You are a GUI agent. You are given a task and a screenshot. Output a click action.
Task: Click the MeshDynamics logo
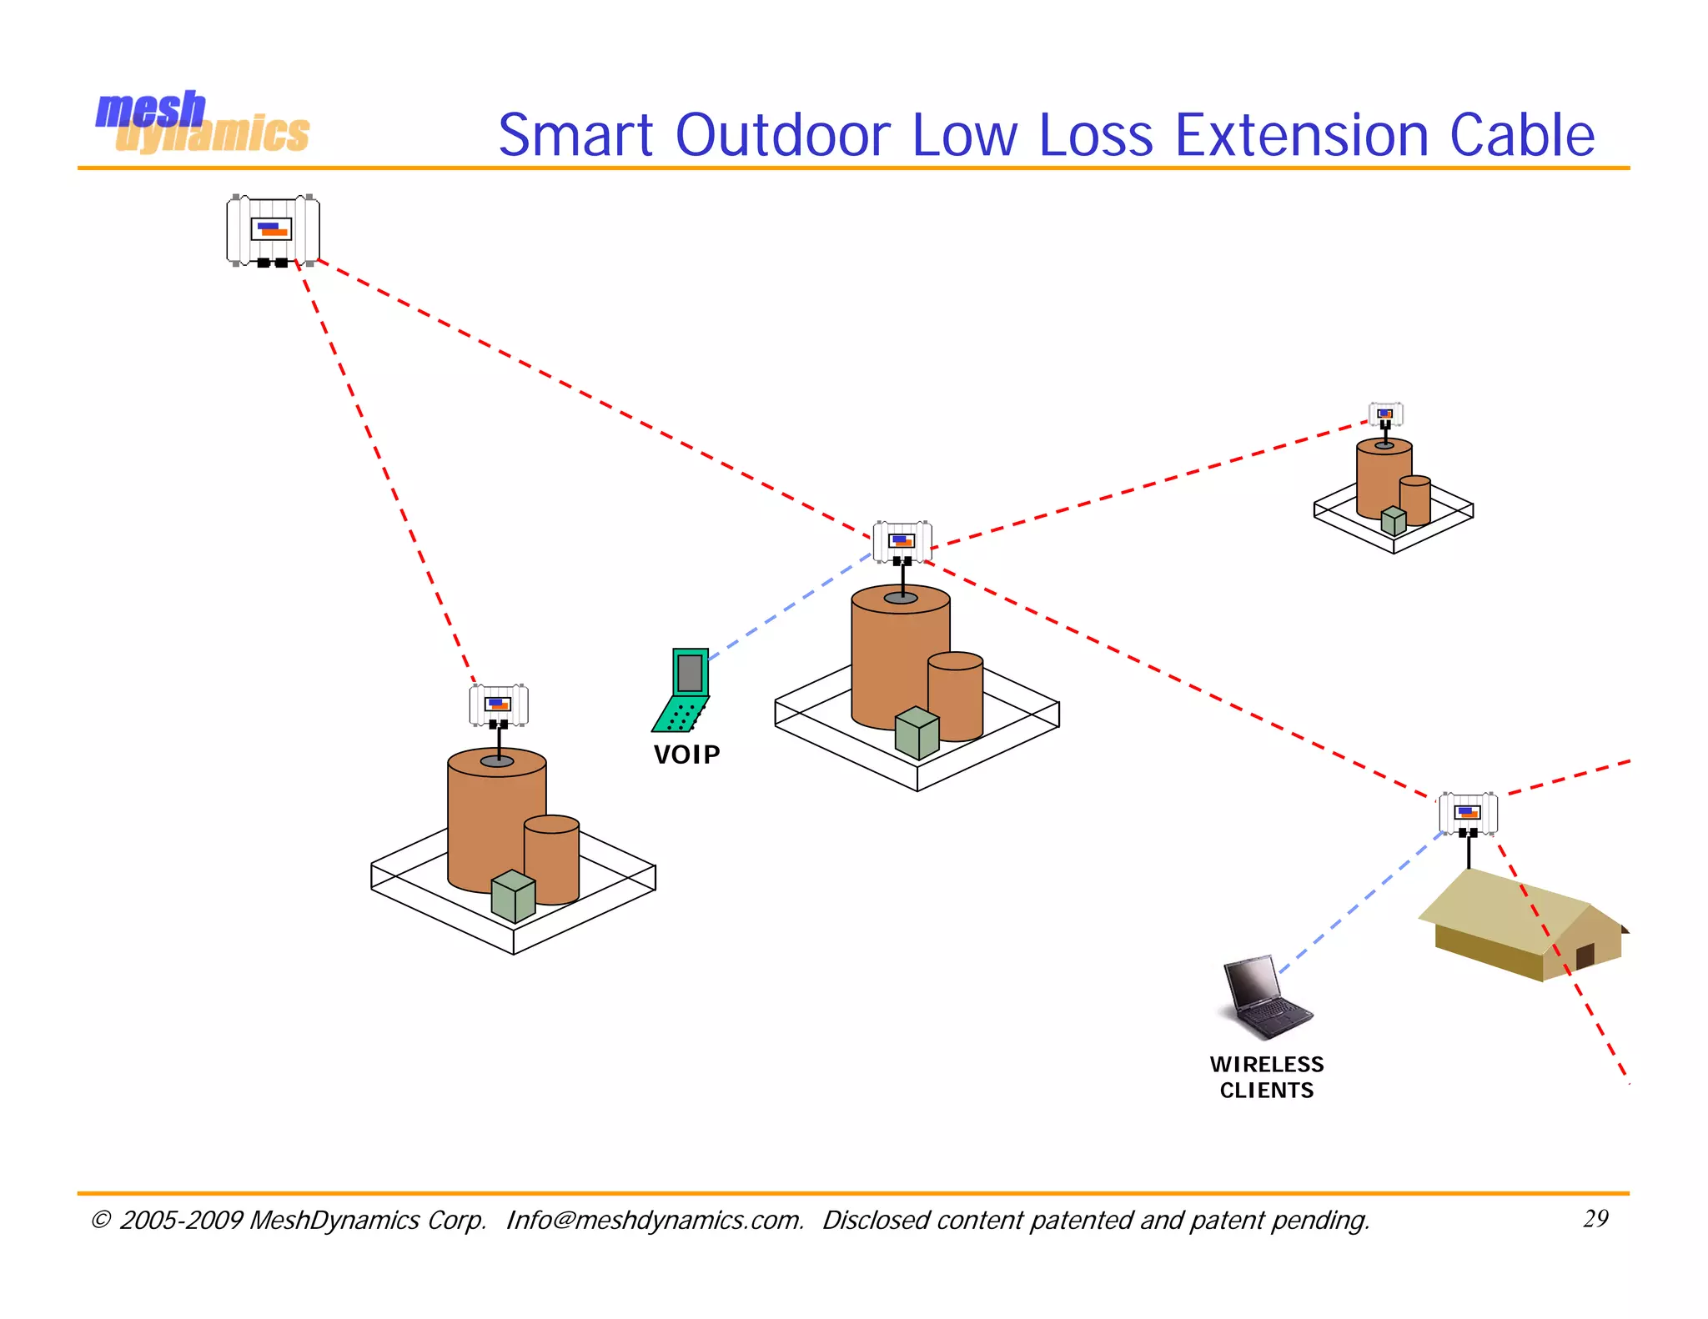point(202,123)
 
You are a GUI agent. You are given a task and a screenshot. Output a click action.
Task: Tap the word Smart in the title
point(575,135)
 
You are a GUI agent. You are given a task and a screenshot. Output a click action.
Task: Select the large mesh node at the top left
point(273,230)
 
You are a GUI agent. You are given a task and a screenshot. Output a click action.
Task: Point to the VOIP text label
point(686,755)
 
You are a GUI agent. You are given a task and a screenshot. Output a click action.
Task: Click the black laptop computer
point(1265,997)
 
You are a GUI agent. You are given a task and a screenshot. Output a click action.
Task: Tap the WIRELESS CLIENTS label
point(1267,1077)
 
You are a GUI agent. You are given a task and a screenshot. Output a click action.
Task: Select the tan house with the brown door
point(1522,925)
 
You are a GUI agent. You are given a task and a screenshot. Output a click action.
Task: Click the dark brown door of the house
point(1585,955)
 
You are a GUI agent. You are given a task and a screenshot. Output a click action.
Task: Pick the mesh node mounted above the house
point(1468,813)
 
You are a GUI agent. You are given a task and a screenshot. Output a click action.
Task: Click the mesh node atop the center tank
point(902,542)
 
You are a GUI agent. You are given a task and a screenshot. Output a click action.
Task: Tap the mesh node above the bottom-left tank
point(499,705)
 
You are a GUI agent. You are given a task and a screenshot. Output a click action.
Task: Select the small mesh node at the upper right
point(1385,414)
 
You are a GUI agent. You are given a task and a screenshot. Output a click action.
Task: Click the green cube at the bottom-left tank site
point(513,896)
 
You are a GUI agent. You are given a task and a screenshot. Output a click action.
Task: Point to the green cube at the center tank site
point(917,733)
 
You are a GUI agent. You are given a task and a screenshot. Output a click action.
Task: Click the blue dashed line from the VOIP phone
point(788,604)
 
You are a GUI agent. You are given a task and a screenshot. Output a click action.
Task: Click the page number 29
point(1595,1219)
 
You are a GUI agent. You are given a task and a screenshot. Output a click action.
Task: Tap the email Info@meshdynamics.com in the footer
point(655,1221)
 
